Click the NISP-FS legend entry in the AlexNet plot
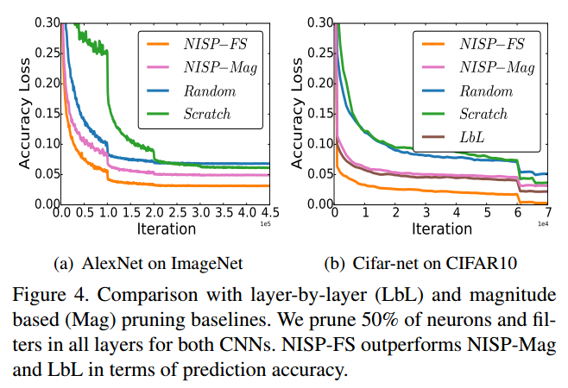click(205, 41)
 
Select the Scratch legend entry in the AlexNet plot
click(205, 113)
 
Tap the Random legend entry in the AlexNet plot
click(205, 89)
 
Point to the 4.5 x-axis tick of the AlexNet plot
click(268, 213)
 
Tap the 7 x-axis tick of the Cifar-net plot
click(548, 213)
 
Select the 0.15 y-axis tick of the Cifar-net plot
click(319, 113)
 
